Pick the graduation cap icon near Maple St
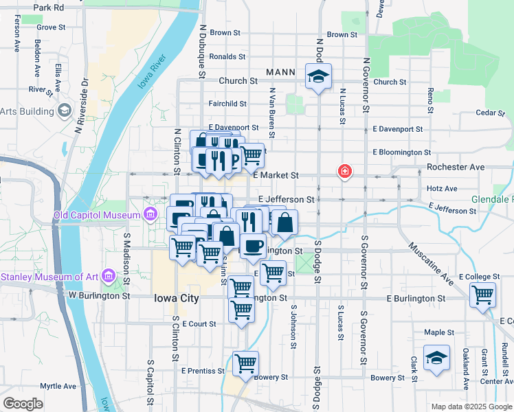click(x=436, y=358)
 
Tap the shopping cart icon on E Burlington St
click(x=483, y=295)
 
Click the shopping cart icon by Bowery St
click(x=245, y=363)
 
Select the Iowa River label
click(x=153, y=72)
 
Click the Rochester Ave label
click(x=456, y=167)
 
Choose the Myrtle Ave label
click(x=57, y=386)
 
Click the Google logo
click(x=23, y=404)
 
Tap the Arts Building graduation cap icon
click(x=64, y=111)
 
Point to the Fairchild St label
click(x=227, y=104)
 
